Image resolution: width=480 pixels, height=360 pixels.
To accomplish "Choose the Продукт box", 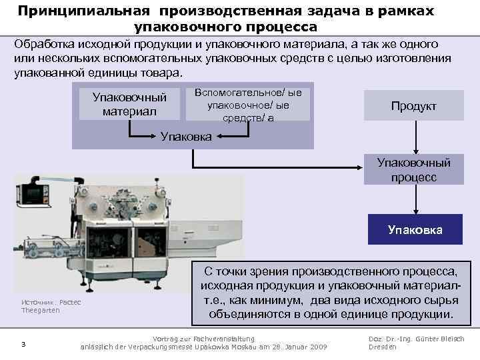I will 414,107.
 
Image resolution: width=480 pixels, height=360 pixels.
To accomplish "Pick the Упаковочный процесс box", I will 414,169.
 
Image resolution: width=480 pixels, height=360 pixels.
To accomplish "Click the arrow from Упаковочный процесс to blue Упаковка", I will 414,200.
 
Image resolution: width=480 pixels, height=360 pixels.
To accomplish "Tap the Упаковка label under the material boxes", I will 187,137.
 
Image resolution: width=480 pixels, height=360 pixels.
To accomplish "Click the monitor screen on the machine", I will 32,192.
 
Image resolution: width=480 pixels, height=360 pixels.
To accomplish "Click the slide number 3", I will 23,344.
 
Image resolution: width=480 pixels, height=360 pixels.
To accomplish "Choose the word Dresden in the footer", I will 383,347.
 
